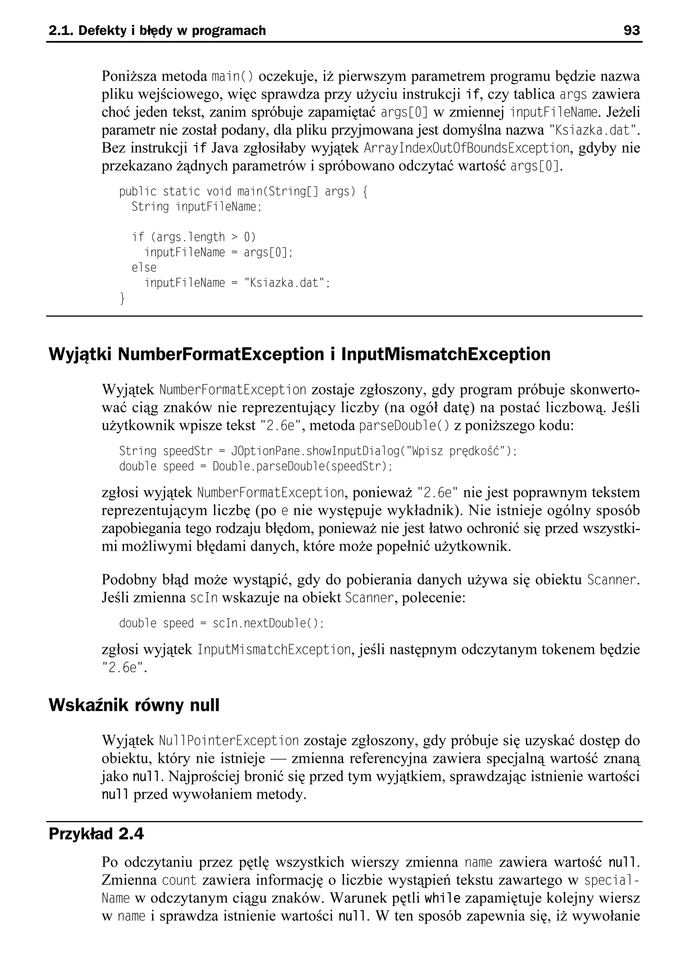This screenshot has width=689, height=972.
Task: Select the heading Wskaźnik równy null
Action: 134,705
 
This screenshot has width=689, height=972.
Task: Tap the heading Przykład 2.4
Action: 96,834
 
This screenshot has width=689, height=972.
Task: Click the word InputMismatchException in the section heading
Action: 445,354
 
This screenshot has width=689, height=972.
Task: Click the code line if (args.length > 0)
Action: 193,237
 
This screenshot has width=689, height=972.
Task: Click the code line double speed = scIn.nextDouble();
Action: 221,623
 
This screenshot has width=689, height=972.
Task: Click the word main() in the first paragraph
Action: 232,77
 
